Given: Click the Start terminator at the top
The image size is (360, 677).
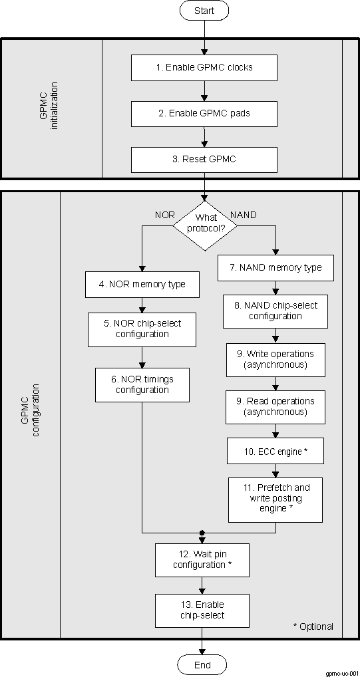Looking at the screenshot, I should pyautogui.click(x=204, y=11).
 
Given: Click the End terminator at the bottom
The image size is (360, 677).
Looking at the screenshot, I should pyautogui.click(x=202, y=665).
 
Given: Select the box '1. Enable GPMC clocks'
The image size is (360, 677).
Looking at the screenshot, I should pyautogui.click(x=204, y=67).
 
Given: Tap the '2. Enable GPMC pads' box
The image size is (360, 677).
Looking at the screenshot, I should pyautogui.click(x=204, y=113).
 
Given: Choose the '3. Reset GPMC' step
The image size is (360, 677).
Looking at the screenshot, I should pyautogui.click(x=204, y=160).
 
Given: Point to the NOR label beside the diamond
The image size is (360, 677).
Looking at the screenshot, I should pyautogui.click(x=164, y=215).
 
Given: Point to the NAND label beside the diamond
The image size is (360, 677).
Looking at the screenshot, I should pyautogui.click(x=244, y=215).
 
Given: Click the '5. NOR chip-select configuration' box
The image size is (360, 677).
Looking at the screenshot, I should pyautogui.click(x=142, y=329).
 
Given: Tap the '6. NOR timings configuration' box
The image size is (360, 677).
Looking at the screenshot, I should pyautogui.click(x=142, y=384).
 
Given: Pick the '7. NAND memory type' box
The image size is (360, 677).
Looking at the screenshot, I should pyautogui.click(x=276, y=267).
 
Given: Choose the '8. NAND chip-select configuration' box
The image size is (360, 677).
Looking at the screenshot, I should pyautogui.click(x=275, y=311).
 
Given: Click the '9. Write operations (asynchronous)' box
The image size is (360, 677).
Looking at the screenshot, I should pyautogui.click(x=275, y=360).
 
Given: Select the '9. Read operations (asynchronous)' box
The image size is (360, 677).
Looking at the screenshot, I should pyautogui.click(x=275, y=406).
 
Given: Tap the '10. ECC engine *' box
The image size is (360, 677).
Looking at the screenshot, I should pyautogui.click(x=275, y=451).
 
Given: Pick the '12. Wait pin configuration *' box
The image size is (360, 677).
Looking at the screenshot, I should pyautogui.click(x=203, y=559).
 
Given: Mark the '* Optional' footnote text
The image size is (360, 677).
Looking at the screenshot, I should pyautogui.click(x=313, y=626).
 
